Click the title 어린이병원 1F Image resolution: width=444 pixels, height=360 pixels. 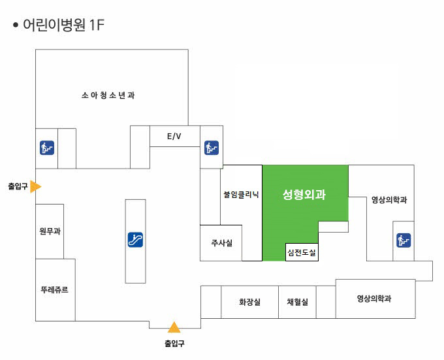(x=63, y=25)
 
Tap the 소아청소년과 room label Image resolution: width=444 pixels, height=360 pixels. (x=108, y=95)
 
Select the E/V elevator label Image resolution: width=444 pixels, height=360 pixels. (x=174, y=137)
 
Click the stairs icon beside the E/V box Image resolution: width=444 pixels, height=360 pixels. (x=212, y=148)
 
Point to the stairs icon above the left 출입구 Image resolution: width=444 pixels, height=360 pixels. (x=47, y=148)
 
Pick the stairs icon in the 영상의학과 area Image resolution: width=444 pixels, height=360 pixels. (x=404, y=240)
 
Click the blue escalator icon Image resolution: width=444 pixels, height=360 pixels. (x=135, y=240)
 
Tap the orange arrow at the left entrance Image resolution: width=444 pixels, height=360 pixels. (x=36, y=186)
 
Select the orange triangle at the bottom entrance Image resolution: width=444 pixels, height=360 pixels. (x=174, y=327)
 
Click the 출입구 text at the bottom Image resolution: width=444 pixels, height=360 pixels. (x=174, y=343)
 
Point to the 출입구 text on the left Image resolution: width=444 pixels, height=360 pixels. (x=18, y=186)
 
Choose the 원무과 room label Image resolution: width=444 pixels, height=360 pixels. (x=50, y=231)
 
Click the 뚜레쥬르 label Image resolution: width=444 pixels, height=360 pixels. (x=54, y=289)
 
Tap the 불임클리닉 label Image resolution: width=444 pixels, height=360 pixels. (x=241, y=195)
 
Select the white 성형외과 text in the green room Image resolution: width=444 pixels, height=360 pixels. (x=304, y=195)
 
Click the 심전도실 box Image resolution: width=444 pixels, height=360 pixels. (x=302, y=252)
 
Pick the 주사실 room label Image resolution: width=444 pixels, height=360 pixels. (x=222, y=243)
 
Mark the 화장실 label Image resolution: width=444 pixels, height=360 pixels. (x=249, y=302)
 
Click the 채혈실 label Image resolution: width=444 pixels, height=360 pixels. (x=297, y=302)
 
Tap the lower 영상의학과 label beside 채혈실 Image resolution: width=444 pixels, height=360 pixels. (x=374, y=298)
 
